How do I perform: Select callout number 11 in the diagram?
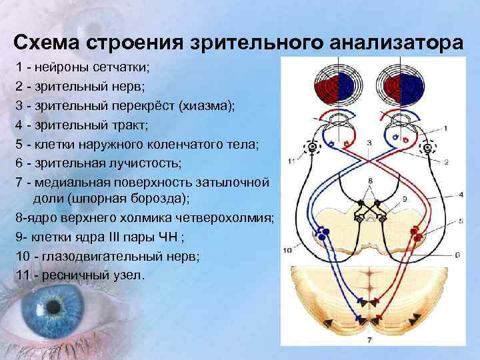pyautogui.click(x=290, y=161)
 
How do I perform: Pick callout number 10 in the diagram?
pyautogui.click(x=287, y=251)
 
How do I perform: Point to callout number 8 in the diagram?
pyautogui.click(x=370, y=181)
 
